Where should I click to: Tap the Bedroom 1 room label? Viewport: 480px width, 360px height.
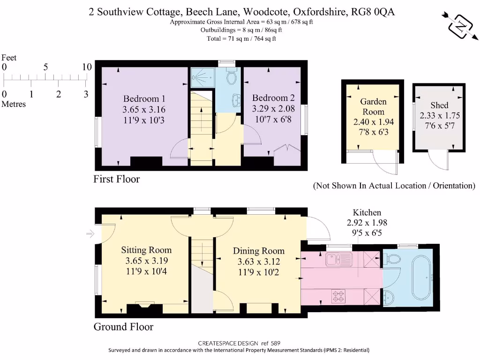(144, 99)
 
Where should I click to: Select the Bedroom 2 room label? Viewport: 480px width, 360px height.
(273, 98)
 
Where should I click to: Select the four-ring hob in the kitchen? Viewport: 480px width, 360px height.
(339, 296)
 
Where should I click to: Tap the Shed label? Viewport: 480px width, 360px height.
(439, 105)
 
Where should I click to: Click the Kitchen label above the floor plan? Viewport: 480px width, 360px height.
(367, 213)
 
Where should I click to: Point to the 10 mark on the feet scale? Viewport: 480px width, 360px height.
(86, 67)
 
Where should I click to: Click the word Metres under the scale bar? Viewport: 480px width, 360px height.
(14, 104)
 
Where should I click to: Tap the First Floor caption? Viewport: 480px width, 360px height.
(117, 179)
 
